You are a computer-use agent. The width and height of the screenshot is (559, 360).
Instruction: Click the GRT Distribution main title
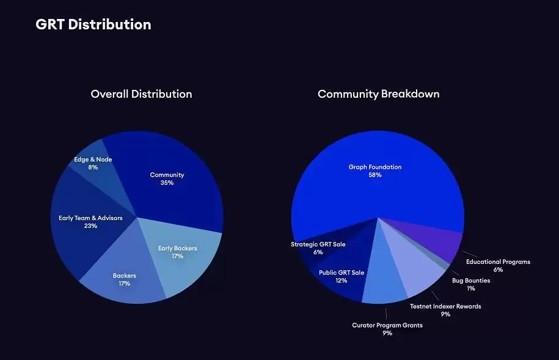coord(93,24)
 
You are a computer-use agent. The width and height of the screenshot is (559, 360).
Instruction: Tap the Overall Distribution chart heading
coord(141,94)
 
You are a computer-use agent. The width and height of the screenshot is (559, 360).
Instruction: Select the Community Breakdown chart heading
coord(378,94)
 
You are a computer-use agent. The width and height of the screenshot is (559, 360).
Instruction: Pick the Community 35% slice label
coord(167,178)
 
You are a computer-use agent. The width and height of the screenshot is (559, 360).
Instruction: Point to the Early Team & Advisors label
coord(90,221)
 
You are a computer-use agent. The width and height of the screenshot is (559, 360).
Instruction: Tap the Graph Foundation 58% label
coord(375,171)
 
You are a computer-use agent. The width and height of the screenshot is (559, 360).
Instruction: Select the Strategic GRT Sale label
coord(318,248)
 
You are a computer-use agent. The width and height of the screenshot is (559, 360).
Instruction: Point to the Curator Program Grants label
coord(387,329)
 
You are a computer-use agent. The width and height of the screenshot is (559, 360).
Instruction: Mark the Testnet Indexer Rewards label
coord(445,310)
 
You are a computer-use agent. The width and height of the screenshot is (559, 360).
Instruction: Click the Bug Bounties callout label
coord(470,284)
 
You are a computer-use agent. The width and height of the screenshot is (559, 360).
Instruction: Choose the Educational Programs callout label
coord(498,265)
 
